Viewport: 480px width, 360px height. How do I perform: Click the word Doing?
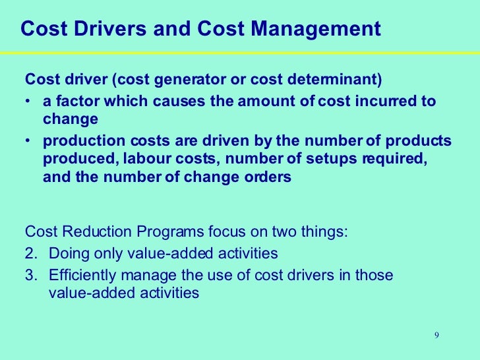(x=67, y=253)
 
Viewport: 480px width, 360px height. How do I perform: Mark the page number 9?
(x=436, y=336)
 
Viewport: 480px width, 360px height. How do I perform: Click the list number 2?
(x=30, y=253)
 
